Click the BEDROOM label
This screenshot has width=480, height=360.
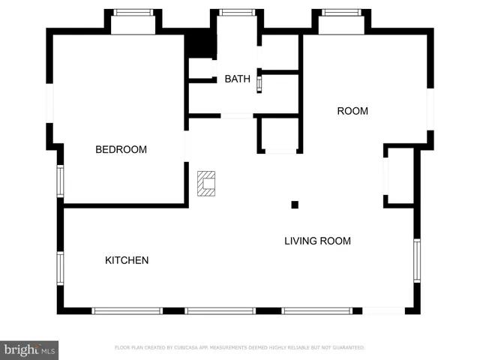121,150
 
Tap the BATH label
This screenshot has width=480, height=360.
237,79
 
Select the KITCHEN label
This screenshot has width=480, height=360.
126,260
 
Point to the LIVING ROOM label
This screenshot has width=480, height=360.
317,241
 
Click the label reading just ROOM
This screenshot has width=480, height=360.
352,111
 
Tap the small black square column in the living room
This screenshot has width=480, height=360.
295,205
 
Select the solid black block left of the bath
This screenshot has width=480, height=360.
200,44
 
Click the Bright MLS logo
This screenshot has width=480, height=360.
30,349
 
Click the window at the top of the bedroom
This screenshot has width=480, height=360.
133,12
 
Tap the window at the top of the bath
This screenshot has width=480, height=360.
238,12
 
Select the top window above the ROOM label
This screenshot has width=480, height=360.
341,12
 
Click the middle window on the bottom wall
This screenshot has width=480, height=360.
220,310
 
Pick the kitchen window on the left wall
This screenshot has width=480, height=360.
60,268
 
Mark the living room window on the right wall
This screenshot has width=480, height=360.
417,259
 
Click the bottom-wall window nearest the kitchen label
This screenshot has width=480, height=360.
127,310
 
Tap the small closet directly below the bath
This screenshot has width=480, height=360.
280,135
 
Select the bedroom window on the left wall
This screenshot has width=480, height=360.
60,181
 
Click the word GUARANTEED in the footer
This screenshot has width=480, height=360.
348,348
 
